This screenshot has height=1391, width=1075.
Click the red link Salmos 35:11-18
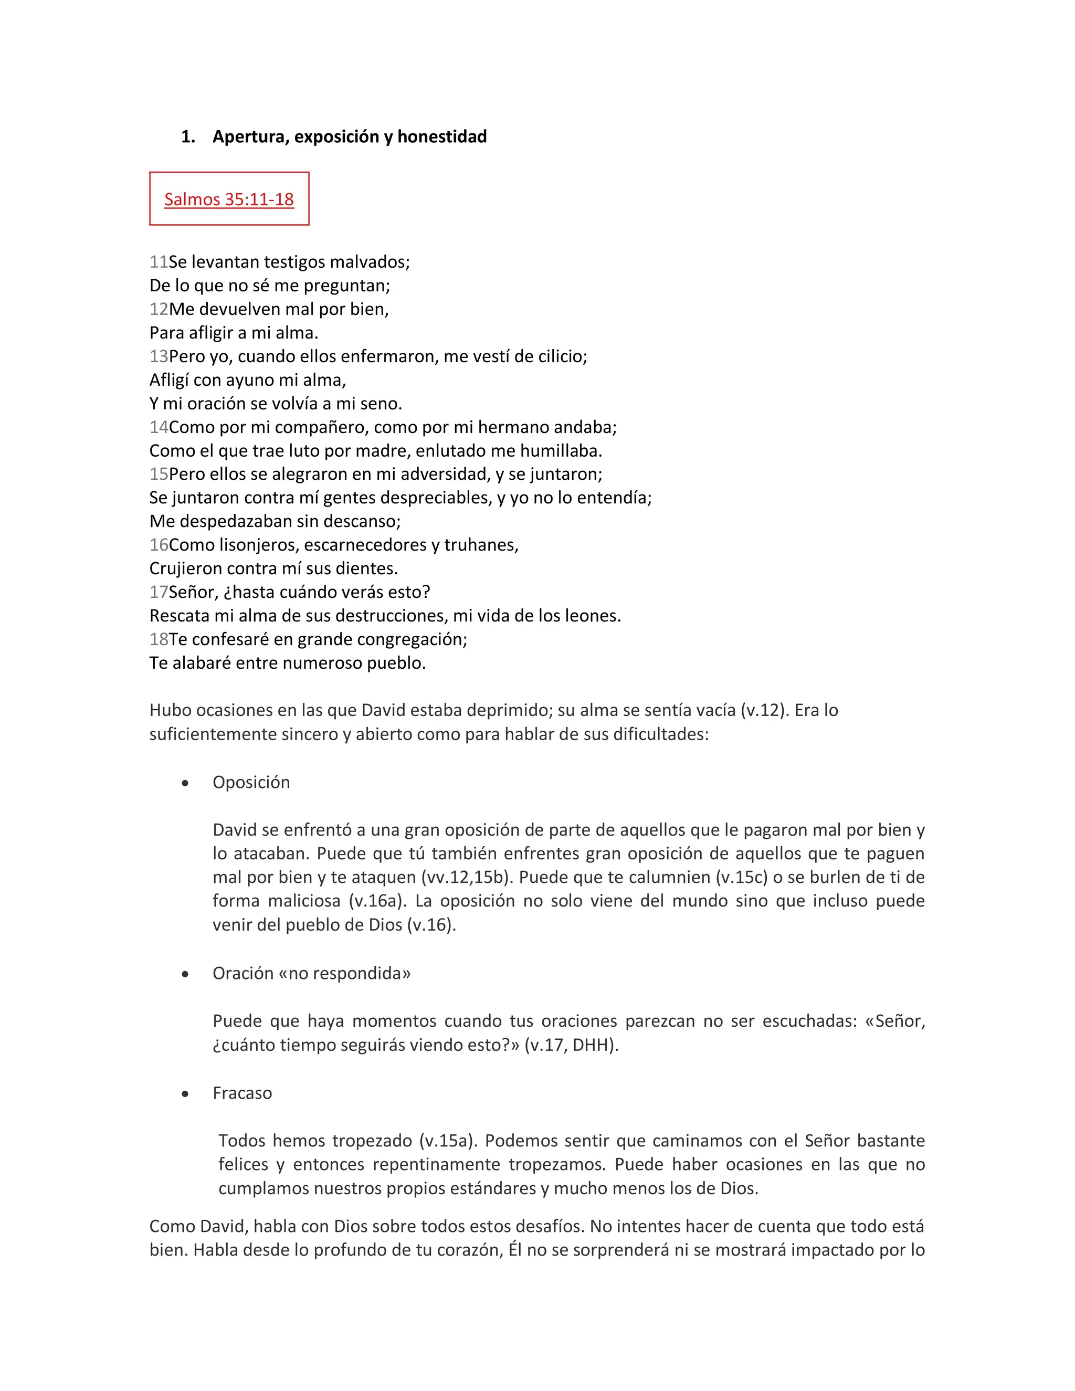pos(229,199)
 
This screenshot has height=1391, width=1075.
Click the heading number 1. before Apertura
pos(188,137)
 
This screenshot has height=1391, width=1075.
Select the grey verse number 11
pos(158,262)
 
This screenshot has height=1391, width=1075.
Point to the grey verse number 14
pos(158,427)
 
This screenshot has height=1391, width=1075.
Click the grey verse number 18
pos(158,639)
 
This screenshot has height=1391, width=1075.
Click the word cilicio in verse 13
pos(561,356)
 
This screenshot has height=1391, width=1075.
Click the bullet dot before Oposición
pos(185,783)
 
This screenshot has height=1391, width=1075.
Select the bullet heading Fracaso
pos(242,1093)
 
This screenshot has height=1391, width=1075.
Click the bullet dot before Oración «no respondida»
pos(185,974)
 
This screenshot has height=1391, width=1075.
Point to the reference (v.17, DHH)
pos(571,1045)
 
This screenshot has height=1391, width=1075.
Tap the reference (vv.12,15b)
pos(468,878)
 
